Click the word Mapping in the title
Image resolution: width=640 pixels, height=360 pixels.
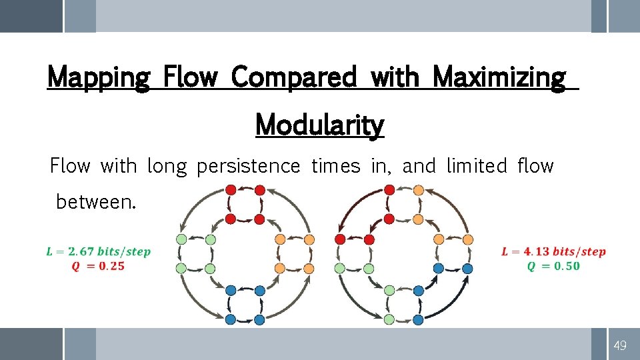[x=99, y=78]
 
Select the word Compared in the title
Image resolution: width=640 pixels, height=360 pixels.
[x=293, y=78]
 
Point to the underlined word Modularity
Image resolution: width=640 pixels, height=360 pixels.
[x=319, y=124]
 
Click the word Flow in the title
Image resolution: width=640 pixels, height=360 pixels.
[x=190, y=78]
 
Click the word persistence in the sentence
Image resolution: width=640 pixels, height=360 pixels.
[x=248, y=166]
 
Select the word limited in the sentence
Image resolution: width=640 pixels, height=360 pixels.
[x=477, y=165]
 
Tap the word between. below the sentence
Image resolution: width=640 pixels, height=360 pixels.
[x=95, y=201]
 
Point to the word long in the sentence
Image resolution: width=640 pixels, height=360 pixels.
[x=167, y=166]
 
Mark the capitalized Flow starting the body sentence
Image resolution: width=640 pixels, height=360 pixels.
[x=70, y=165]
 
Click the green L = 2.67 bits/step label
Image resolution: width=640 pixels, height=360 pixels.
[x=98, y=252]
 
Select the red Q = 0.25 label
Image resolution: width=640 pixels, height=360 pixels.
[x=97, y=266]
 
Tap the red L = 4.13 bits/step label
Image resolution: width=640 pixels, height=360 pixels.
[x=553, y=252]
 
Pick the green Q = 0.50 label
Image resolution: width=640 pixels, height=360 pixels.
[x=553, y=266]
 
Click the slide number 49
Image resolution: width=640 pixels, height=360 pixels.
[x=620, y=345]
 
